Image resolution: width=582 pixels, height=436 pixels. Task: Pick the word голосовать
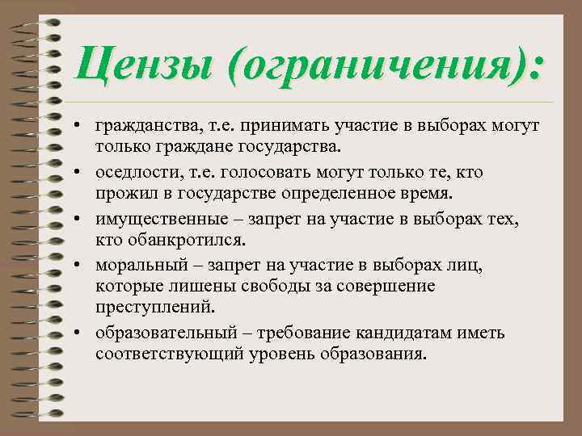258,172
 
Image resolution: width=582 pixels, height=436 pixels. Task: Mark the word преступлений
152,308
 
